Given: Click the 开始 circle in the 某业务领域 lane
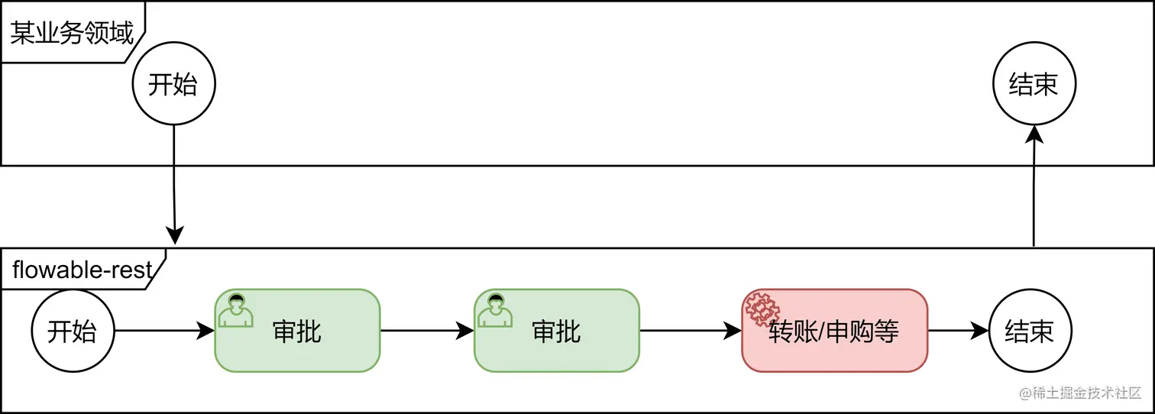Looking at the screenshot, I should [x=173, y=84].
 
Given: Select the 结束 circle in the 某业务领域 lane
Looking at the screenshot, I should [x=1034, y=84].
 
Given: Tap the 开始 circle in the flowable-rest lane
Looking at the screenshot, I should [x=73, y=331].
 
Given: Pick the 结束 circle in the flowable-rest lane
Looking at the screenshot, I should [x=1030, y=331].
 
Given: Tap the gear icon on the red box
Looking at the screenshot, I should [x=761, y=309].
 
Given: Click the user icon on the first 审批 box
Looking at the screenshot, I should [x=236, y=309].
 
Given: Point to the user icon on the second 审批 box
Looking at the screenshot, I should [x=496, y=309].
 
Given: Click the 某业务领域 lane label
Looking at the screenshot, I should [x=71, y=33].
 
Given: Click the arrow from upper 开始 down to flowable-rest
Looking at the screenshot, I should [x=174, y=183].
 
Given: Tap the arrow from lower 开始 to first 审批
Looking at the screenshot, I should [x=163, y=331].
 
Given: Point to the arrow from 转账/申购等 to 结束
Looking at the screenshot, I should [x=958, y=331].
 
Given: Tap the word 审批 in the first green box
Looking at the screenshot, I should [x=297, y=332].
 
